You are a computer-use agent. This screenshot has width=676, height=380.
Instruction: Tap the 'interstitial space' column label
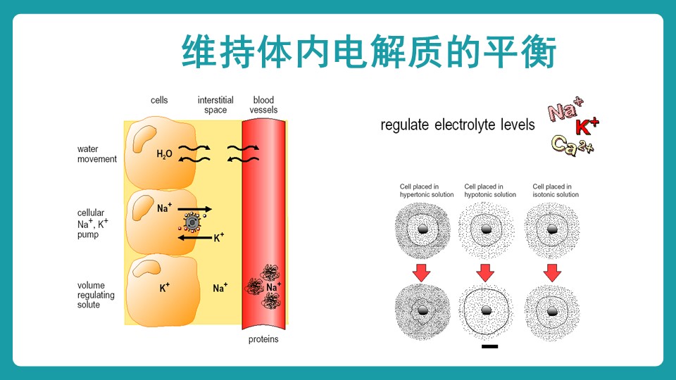click(x=215, y=105)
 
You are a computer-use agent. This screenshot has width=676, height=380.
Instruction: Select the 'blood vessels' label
click(x=264, y=105)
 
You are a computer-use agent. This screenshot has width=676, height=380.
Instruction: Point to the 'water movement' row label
click(x=97, y=154)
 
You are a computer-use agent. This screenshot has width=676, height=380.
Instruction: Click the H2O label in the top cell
click(x=164, y=153)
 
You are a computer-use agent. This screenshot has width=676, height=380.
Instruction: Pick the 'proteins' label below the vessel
click(x=263, y=339)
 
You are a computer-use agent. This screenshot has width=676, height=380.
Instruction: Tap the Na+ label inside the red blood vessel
click(x=274, y=287)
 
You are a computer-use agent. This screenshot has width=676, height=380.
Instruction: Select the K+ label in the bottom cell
click(x=165, y=287)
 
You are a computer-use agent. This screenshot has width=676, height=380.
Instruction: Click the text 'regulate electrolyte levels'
click(x=457, y=125)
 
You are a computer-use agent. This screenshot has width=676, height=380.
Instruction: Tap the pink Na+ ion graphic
click(x=565, y=110)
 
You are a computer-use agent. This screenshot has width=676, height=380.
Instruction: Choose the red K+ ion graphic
click(x=587, y=127)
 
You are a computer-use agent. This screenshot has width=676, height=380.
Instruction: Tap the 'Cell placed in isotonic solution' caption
click(x=556, y=190)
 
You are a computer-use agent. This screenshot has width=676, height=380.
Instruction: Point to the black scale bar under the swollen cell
click(x=490, y=346)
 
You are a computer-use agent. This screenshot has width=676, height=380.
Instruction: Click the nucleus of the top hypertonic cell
click(x=422, y=229)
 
